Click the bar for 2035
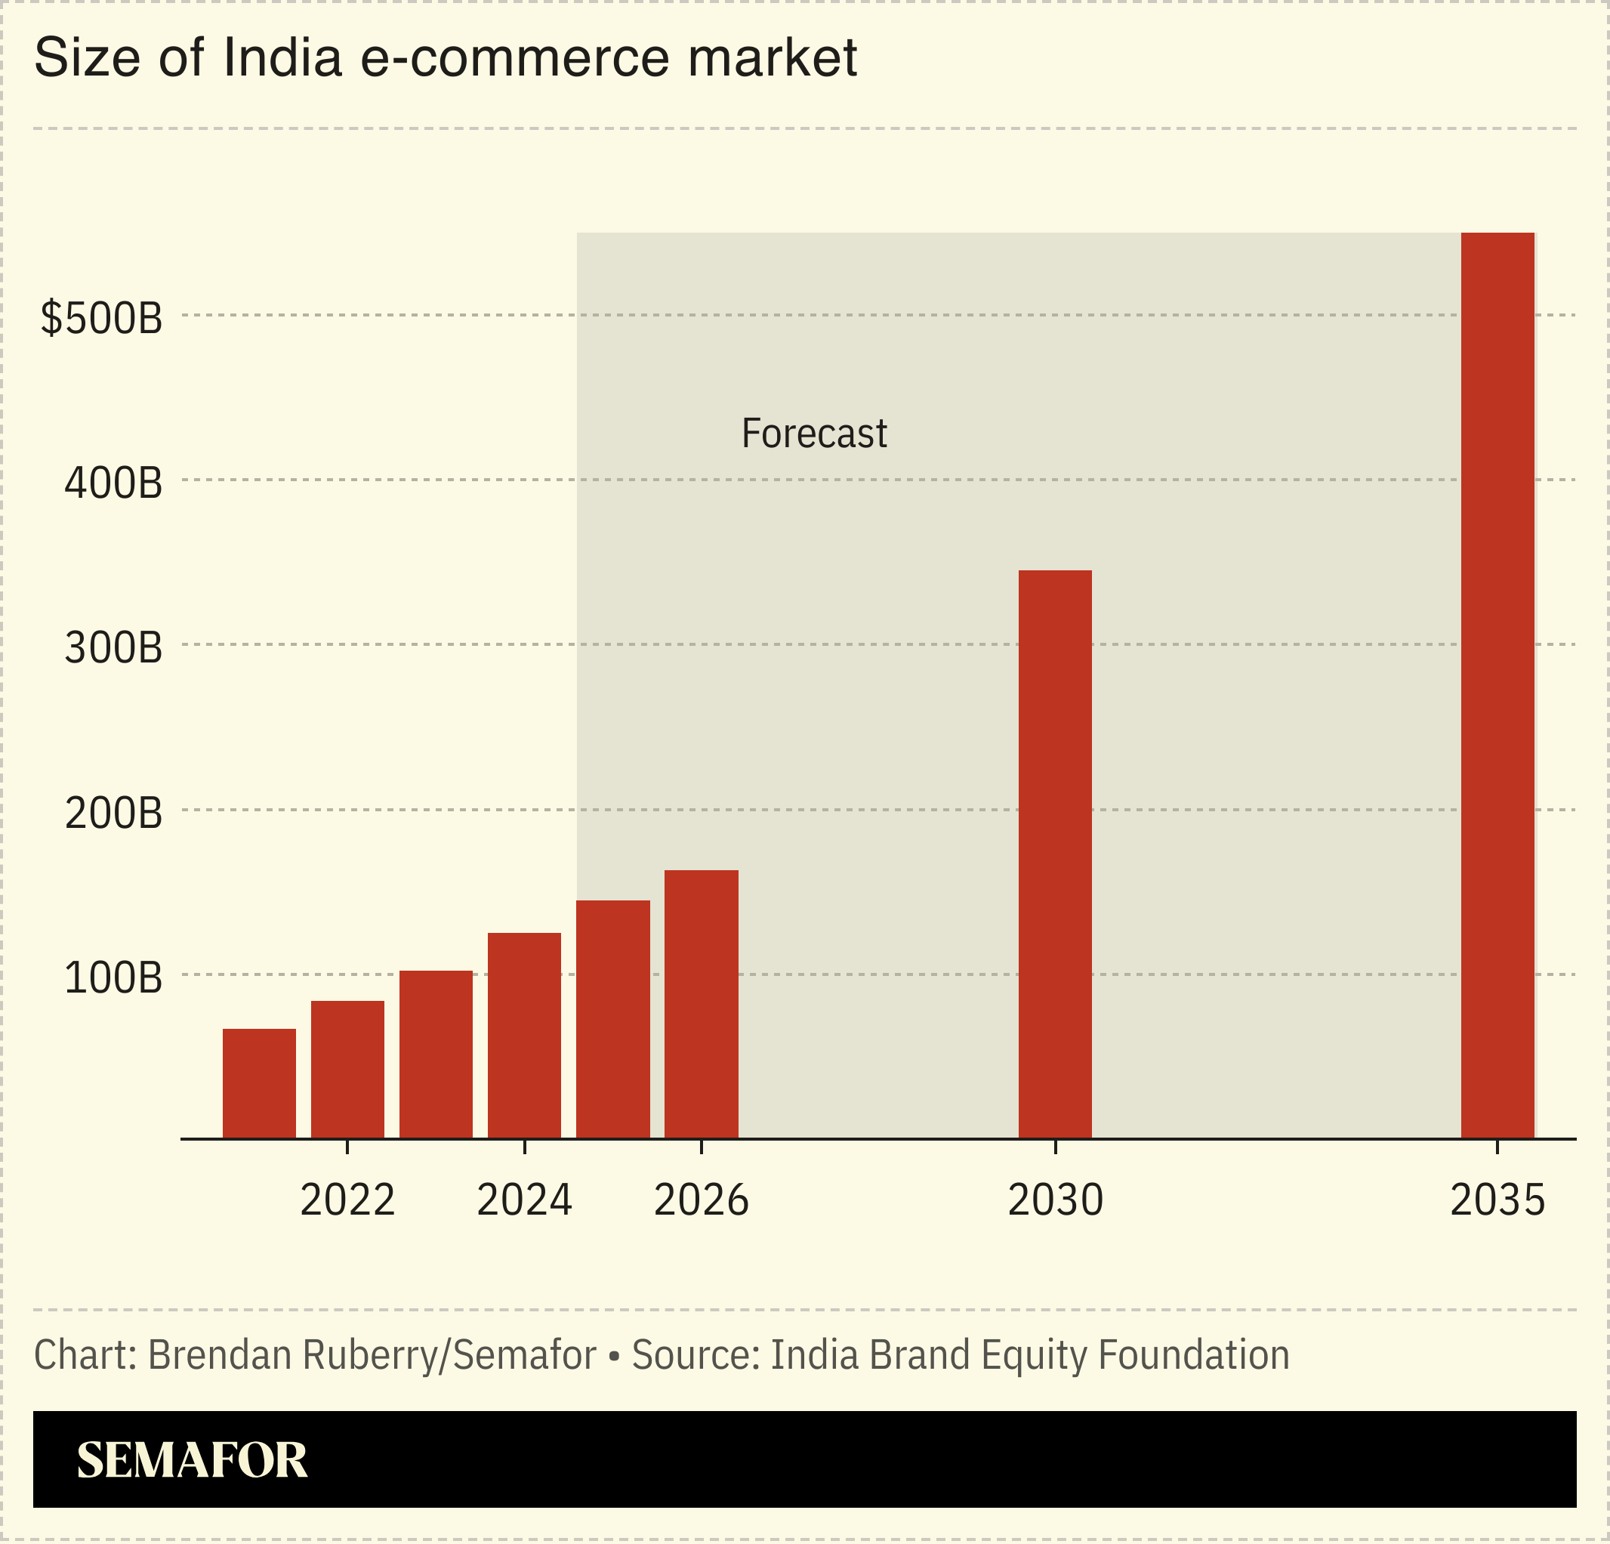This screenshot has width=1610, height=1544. click(x=1497, y=685)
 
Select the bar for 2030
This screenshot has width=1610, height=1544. click(x=1055, y=854)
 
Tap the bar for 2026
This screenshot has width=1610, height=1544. click(x=701, y=1003)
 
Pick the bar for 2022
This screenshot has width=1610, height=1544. click(x=347, y=1069)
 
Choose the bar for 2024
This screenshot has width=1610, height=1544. click(x=524, y=1036)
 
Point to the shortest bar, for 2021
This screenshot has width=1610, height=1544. click(x=259, y=1083)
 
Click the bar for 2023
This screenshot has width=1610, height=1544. click(x=436, y=1055)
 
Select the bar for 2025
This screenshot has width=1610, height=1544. click(x=612, y=1019)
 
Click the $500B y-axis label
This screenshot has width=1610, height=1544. click(x=102, y=318)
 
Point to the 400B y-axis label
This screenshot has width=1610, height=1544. click(x=113, y=483)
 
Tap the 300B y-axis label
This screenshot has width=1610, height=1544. click(x=113, y=648)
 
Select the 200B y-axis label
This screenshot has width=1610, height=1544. click(x=113, y=814)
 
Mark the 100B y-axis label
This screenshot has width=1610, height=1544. click(x=113, y=977)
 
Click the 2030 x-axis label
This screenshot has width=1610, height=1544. click(x=1055, y=1200)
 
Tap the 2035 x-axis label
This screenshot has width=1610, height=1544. click(x=1497, y=1200)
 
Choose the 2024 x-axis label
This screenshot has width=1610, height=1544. click(x=524, y=1200)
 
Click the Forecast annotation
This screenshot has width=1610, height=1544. click(x=813, y=434)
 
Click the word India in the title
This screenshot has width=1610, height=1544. click(x=282, y=58)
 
